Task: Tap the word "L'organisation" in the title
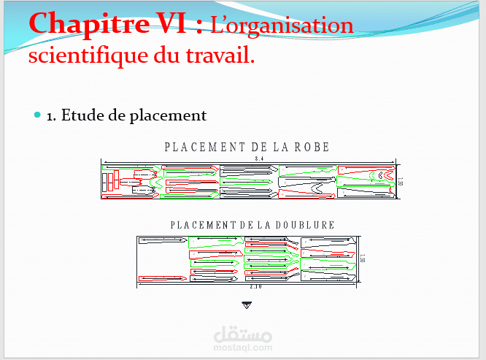pyautogui.click(x=282, y=26)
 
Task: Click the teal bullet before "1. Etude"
pyautogui.click(x=38, y=115)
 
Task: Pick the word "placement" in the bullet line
pyautogui.click(x=169, y=115)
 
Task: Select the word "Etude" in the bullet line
pyautogui.click(x=83, y=115)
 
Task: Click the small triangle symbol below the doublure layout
pyautogui.click(x=246, y=304)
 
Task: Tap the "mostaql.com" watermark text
pyautogui.click(x=245, y=348)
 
